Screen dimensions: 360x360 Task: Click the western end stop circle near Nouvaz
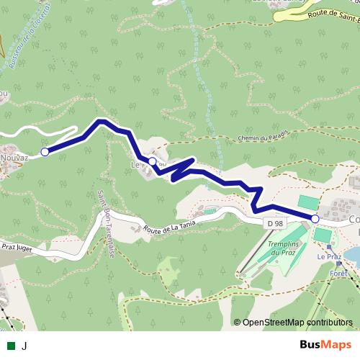click(x=45, y=152)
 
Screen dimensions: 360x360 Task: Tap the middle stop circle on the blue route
click(x=153, y=161)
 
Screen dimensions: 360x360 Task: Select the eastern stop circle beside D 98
click(x=315, y=217)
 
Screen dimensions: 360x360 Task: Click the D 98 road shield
click(x=274, y=224)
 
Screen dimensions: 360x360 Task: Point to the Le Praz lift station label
click(x=328, y=256)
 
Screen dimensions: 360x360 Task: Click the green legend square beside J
click(x=12, y=345)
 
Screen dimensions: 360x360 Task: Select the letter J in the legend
click(x=24, y=345)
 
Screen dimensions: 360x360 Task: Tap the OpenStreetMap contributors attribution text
click(x=297, y=322)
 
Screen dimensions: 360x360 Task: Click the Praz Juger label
click(x=19, y=246)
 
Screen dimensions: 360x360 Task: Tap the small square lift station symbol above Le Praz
click(x=338, y=264)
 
